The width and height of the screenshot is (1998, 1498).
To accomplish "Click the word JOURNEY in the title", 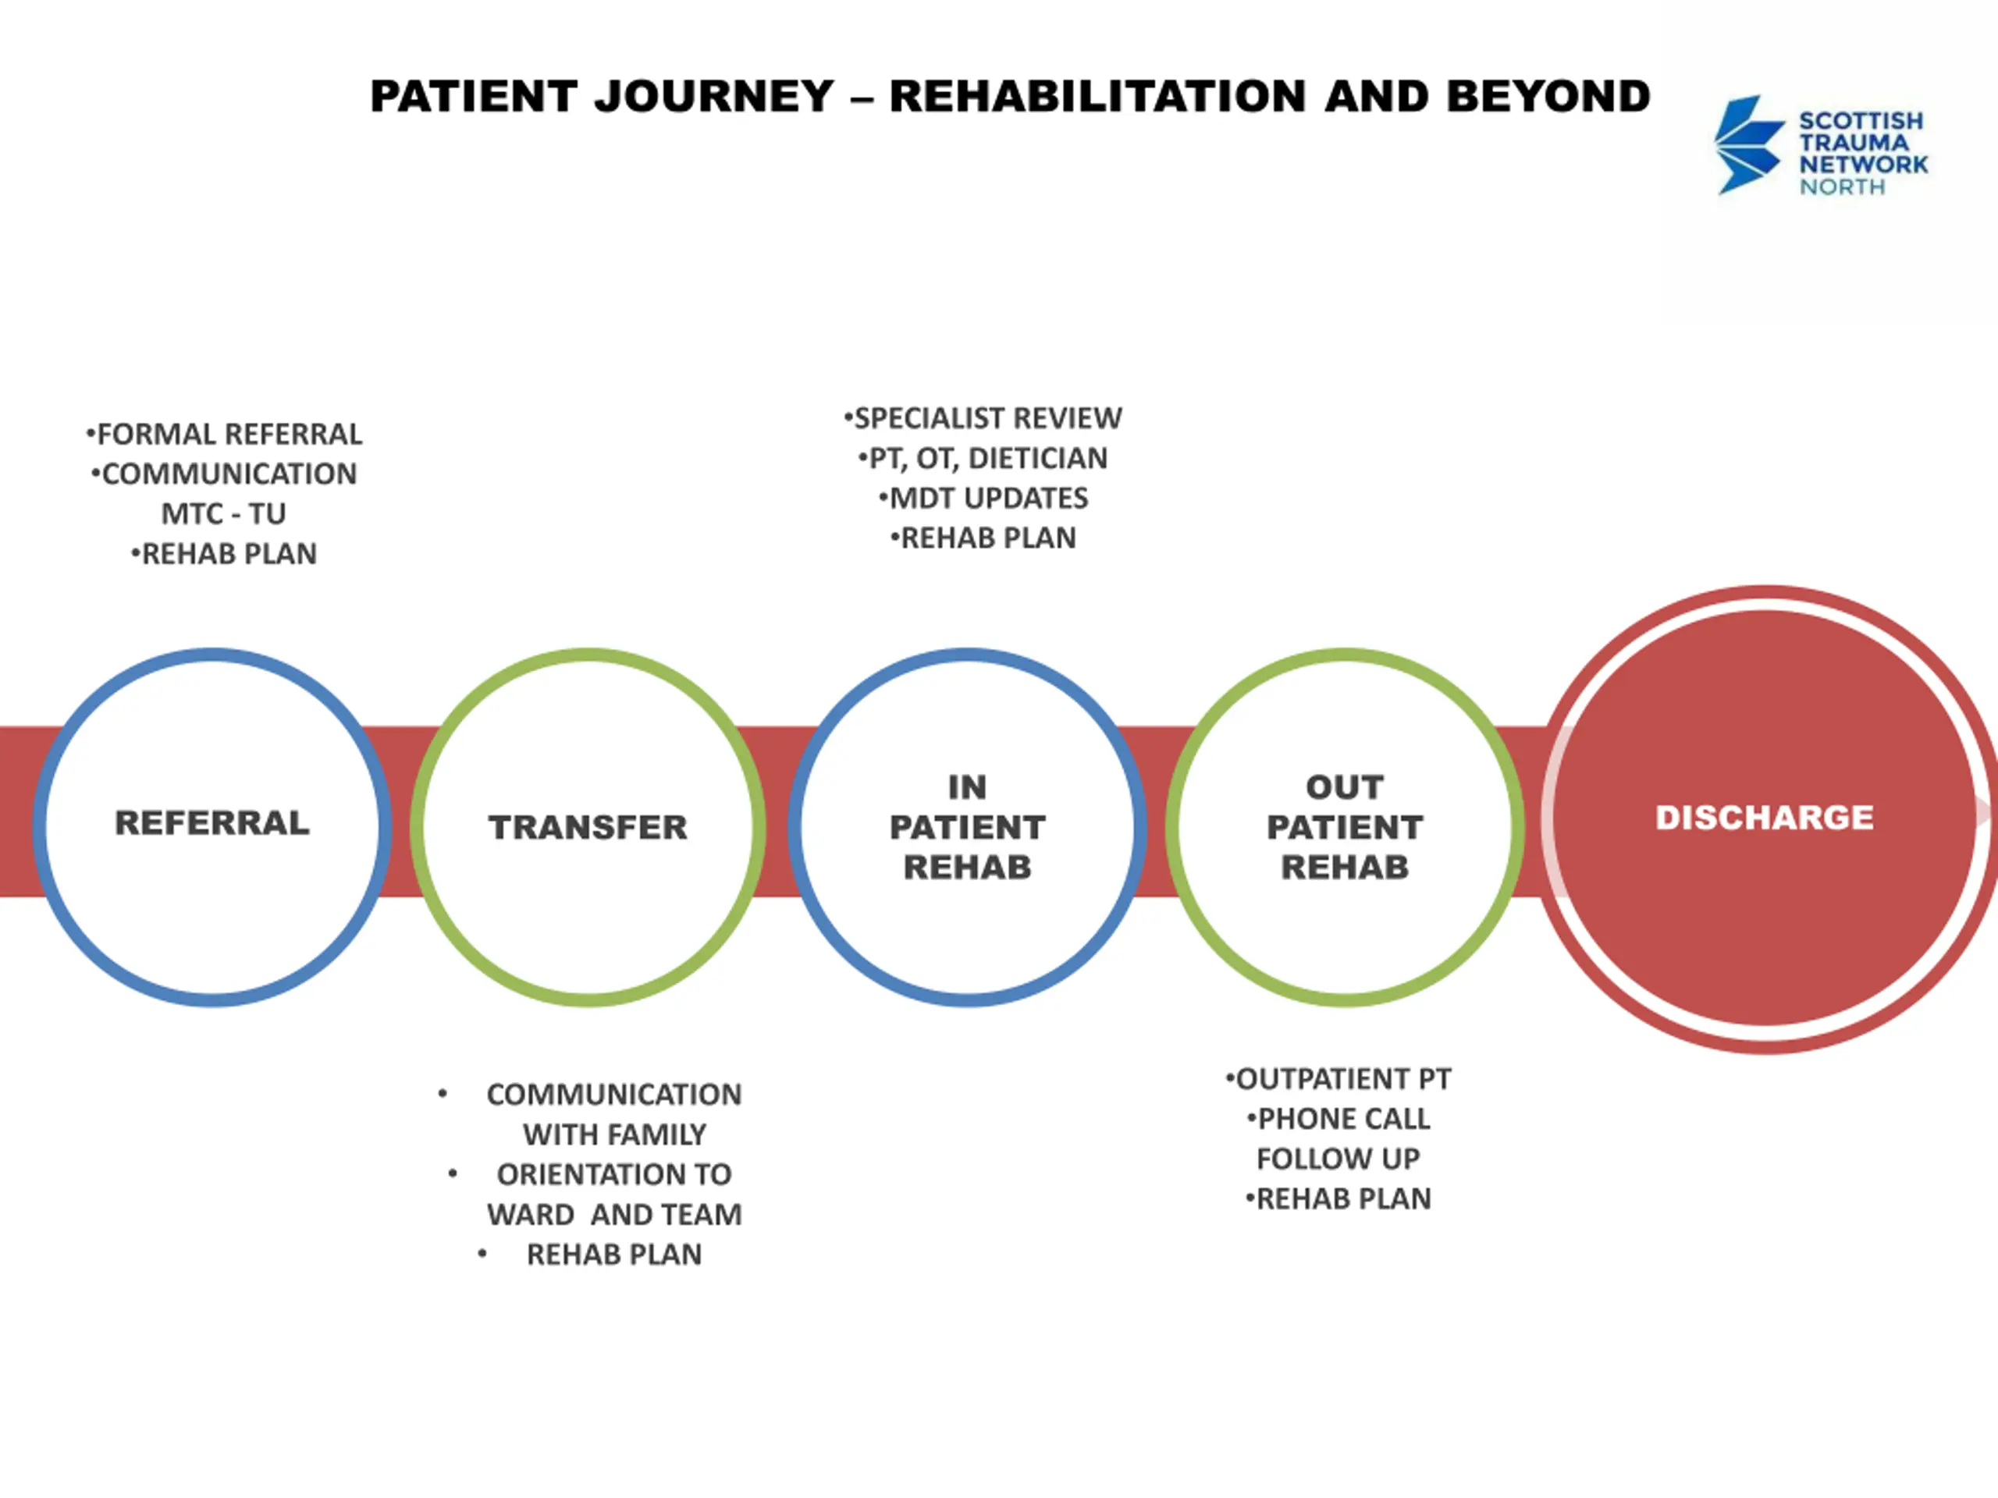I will coord(713,97).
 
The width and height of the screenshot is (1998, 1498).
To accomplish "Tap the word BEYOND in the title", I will coord(1548,97).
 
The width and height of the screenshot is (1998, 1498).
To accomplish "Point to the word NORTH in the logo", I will coord(1842,187).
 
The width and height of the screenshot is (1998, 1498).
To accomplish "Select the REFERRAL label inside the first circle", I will coord(212,822).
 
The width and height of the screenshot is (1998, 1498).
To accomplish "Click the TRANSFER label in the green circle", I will coord(588,827).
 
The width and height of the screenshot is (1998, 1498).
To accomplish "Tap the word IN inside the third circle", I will coord(966,787).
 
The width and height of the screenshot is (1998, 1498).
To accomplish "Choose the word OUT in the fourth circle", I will coord(1344,787).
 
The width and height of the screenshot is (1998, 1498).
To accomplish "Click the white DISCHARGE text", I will coord(1764,817).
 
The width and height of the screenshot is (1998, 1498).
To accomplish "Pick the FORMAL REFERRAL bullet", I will coord(226,435).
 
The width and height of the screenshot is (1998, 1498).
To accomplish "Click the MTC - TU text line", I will coord(223,514).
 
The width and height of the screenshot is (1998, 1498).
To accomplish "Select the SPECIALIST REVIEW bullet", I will coord(984,418).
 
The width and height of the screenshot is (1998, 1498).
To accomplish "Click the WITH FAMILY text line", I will coord(614,1134).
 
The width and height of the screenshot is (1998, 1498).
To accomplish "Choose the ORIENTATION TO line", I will coord(614,1174).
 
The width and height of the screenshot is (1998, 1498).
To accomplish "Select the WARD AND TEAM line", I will coord(614,1215).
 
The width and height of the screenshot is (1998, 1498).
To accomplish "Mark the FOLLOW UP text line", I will coord(1338,1159).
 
